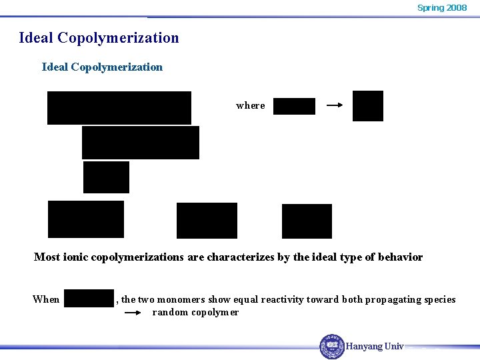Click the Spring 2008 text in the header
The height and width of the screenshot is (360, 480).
click(442, 8)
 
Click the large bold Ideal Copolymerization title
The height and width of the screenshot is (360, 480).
click(99, 37)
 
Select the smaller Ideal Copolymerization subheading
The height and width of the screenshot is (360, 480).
click(102, 67)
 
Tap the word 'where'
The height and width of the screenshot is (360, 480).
click(251, 105)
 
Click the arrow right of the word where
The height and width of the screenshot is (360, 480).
click(335, 105)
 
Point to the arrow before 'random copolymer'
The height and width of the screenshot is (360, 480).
click(135, 313)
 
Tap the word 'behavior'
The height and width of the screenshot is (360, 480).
click(400, 257)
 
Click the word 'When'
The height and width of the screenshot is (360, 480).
click(46, 299)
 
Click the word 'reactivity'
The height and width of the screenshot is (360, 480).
click(277, 299)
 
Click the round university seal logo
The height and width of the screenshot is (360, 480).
click(332, 346)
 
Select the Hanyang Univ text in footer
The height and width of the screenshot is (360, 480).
click(375, 346)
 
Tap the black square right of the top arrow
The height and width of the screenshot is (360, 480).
click(368, 106)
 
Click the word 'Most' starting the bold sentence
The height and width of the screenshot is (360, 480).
click(47, 257)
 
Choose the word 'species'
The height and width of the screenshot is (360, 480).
click(437, 299)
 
